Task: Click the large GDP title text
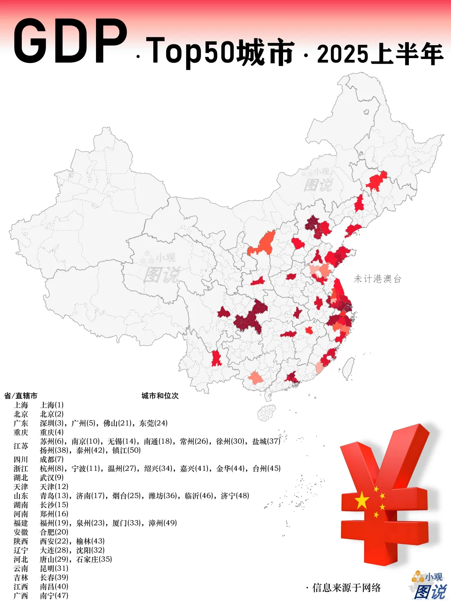(70, 42)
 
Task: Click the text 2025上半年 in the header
(380, 55)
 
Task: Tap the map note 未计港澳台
(378, 279)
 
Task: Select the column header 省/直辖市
(21, 395)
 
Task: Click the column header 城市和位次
(160, 395)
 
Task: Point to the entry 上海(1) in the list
(52, 405)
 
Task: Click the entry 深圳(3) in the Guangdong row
(52, 423)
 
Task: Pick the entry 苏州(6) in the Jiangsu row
(52, 441)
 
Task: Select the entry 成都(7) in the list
(52, 459)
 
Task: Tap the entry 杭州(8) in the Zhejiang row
(52, 469)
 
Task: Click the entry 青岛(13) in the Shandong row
(52, 496)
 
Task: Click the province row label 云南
(21, 569)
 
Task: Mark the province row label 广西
(21, 596)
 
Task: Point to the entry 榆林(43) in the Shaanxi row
(90, 541)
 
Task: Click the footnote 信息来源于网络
(346, 588)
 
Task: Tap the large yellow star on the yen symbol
(362, 500)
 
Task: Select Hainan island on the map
(266, 413)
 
